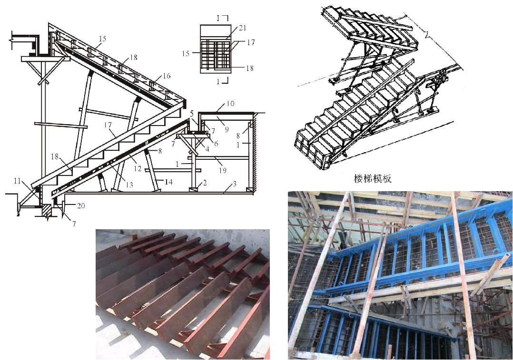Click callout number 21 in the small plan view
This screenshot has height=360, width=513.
242,28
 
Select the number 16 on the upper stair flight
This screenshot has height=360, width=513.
167,76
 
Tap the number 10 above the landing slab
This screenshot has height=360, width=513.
230,104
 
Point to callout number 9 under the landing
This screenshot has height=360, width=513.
227,129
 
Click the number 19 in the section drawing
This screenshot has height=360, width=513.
223,170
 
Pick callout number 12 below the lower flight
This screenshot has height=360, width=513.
138,168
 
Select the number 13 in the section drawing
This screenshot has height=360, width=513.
129,185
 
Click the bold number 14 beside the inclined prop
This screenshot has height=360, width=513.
168,182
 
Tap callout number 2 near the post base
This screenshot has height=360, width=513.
205,183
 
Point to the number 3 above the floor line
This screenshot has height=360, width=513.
235,185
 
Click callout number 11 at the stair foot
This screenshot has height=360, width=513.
17,181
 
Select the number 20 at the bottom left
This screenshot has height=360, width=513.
81,205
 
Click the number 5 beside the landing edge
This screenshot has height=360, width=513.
192,114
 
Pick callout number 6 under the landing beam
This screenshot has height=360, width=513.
216,143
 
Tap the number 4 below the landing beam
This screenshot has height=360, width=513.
207,149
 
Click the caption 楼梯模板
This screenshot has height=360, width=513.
373,178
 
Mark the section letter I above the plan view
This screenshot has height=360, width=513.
218,19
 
